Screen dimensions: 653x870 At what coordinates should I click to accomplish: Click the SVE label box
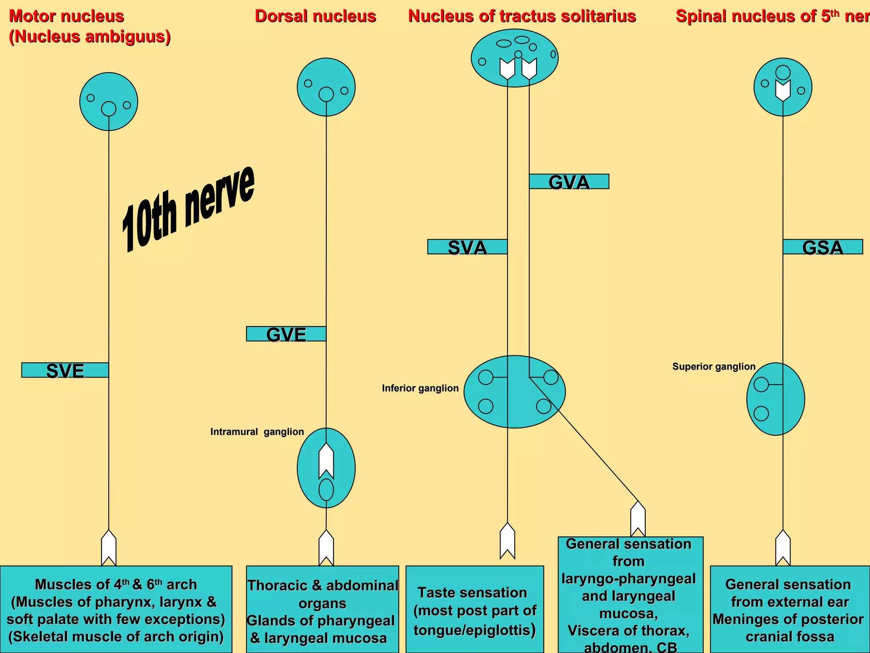point(65,370)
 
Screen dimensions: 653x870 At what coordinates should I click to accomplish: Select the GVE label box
point(286,334)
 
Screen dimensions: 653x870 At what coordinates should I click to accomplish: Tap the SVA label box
point(467,247)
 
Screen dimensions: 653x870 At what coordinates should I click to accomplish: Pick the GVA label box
point(569,182)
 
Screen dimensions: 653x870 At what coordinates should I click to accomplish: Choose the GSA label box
point(822,247)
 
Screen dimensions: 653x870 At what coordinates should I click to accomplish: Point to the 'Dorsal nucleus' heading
point(315,16)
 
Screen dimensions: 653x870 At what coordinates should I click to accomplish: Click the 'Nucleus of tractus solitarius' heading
point(522,16)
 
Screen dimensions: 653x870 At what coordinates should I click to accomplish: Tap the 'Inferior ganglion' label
point(420,388)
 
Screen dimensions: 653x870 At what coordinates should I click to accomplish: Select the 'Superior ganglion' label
point(714,366)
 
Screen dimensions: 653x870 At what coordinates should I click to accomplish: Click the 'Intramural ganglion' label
point(257,432)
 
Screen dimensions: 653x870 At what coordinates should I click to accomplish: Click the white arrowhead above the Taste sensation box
point(507,541)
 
